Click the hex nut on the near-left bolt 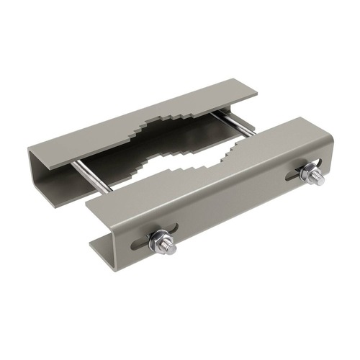[160, 241]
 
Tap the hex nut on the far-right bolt [309, 173]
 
